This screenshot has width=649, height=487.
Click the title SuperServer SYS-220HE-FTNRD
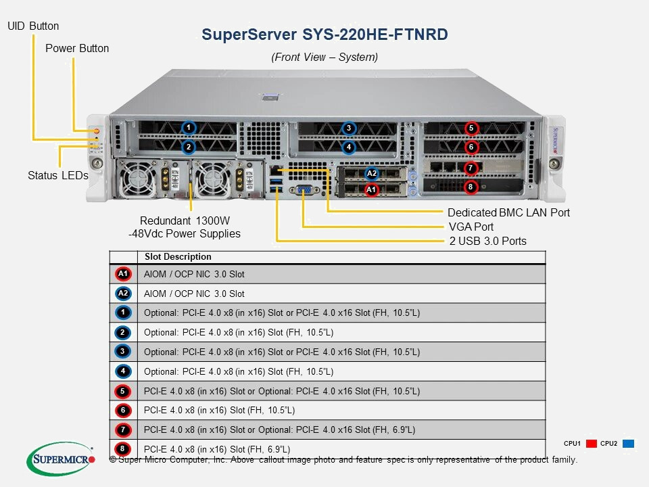pos(324,34)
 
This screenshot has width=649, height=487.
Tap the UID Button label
pos(33,26)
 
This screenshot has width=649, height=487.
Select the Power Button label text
pos(77,49)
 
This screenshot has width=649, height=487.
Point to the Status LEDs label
pos(58,175)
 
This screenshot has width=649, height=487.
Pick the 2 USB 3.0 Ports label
pos(487,241)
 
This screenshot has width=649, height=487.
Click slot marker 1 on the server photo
pos(189,127)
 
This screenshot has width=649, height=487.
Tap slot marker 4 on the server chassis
pos(348,146)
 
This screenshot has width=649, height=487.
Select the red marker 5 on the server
pos(471,128)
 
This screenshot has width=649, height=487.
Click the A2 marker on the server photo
pos(371,174)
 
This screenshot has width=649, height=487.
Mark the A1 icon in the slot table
pos(122,274)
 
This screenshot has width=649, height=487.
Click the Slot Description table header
pos(178,257)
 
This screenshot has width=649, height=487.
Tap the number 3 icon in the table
pos(122,352)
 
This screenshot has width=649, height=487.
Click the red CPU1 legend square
pos(591,444)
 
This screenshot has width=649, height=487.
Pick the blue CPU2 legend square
pos(628,444)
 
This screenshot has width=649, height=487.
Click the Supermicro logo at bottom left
pos(61,459)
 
